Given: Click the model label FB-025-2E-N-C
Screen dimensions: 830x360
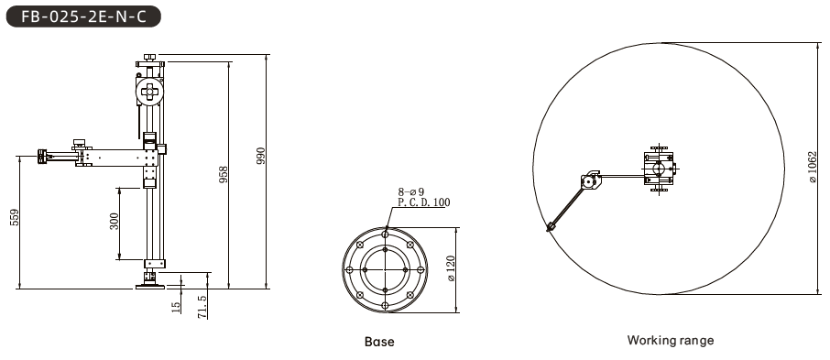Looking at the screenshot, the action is [83, 16].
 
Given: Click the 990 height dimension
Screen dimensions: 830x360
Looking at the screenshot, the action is [261, 156].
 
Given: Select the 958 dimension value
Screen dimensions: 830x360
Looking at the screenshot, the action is [224, 175].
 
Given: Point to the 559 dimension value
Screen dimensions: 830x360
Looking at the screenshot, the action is [15, 218].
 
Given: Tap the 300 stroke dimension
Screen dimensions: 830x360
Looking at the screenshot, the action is [115, 222].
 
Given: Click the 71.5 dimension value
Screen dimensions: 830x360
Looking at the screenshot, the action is [202, 307].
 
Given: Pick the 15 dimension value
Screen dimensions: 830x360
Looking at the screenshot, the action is [176, 305].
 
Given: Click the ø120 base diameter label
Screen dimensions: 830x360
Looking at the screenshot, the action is [451, 268].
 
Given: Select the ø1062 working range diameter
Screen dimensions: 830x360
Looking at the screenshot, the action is [814, 168].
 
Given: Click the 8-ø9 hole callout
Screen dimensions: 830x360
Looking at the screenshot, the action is [411, 192].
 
